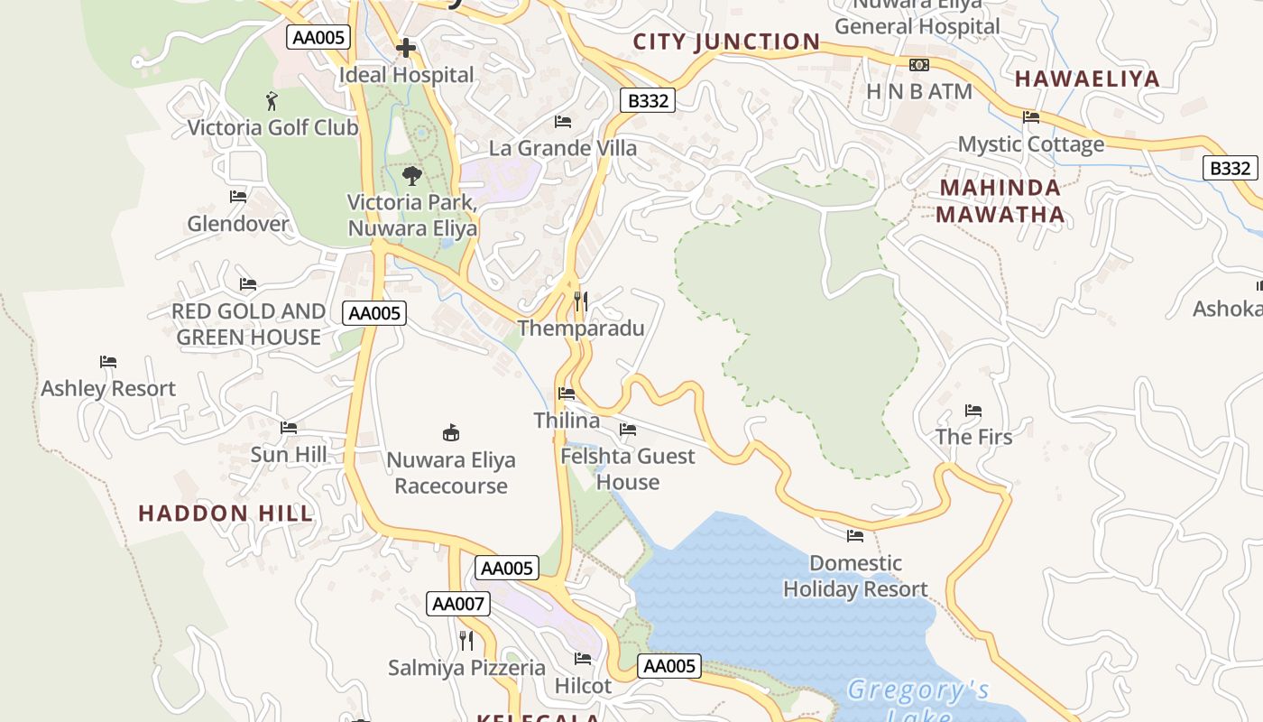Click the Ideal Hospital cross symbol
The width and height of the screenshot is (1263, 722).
(406, 47)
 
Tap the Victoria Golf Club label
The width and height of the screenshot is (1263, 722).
(272, 127)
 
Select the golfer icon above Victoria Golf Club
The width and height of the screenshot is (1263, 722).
(272, 100)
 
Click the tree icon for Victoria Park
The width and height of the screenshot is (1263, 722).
(412, 175)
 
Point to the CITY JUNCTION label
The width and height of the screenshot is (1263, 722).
(726, 42)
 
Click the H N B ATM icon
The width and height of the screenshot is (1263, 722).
(918, 65)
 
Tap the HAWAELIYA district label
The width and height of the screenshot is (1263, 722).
(1087, 79)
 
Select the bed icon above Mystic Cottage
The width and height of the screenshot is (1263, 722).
(1030, 117)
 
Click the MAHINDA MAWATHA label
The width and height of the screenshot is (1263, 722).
(1000, 201)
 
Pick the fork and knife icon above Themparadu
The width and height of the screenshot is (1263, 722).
(581, 301)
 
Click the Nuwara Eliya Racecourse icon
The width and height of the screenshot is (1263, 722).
(450, 432)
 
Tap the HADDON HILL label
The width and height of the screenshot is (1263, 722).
(226, 514)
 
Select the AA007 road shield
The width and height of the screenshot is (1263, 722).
(458, 604)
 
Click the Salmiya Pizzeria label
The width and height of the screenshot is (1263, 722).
(466, 668)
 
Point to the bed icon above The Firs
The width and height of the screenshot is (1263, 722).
(973, 411)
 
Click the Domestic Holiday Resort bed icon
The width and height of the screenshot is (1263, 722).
(854, 536)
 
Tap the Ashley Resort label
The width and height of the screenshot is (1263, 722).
(108, 388)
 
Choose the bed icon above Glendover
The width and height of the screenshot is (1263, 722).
(238, 197)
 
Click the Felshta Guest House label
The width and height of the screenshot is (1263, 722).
(628, 468)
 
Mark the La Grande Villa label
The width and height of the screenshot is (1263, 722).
(563, 148)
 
